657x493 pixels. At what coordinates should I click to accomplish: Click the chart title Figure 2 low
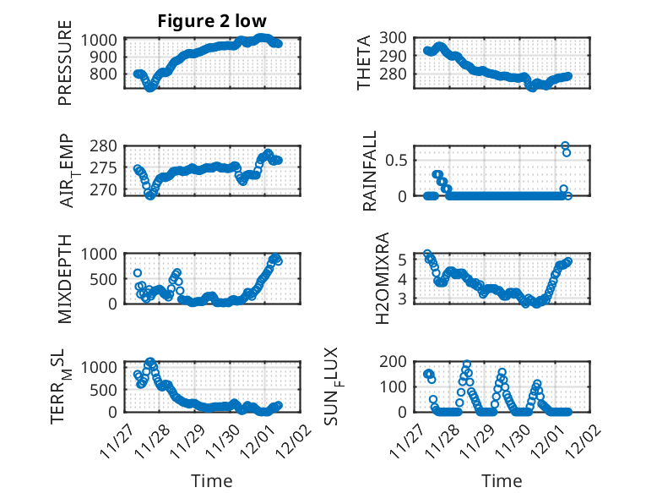(x=212, y=21)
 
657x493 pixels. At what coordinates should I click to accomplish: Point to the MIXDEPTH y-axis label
(x=66, y=277)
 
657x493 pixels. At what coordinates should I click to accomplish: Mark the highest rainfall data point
(x=565, y=145)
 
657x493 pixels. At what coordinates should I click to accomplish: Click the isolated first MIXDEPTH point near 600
(x=138, y=272)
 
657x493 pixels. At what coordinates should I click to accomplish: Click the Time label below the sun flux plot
(x=502, y=481)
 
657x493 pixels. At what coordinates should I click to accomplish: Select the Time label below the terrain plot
(x=211, y=481)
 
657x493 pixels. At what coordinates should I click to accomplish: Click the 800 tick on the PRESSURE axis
(x=105, y=74)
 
